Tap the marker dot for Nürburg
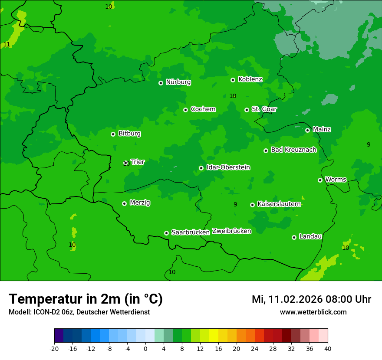click(x=161, y=83)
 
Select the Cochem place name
click(x=203, y=109)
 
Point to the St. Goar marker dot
click(x=247, y=110)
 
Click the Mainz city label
click(x=322, y=130)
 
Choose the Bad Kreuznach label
click(x=293, y=150)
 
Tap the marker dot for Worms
click(x=320, y=180)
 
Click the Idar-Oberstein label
click(x=228, y=167)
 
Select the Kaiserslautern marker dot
click(x=252, y=205)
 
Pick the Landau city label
click(x=310, y=237)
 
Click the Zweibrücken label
click(x=231, y=231)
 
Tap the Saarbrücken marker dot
click(x=166, y=233)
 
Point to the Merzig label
click(x=140, y=203)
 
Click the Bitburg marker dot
click(x=113, y=134)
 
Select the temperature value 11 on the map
click(x=7, y=45)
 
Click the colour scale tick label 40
click(x=328, y=348)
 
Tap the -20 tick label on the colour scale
click(x=54, y=348)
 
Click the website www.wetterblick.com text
click(x=313, y=312)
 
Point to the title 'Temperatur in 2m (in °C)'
click(x=86, y=299)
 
